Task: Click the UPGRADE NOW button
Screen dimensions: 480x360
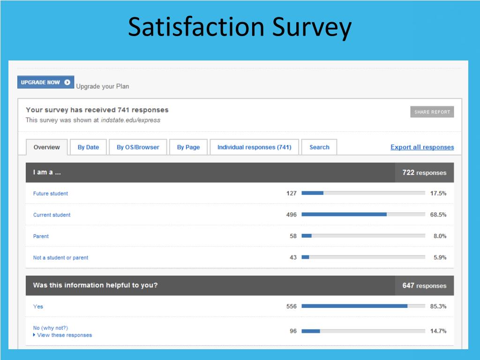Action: click(45, 82)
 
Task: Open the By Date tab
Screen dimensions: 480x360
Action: click(88, 147)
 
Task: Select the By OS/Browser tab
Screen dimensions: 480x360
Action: click(138, 147)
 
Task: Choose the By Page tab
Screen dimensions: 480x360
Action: click(188, 147)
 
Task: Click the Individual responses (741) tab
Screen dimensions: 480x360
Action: click(254, 147)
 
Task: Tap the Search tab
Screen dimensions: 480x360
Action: click(319, 147)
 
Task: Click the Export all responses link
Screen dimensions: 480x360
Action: click(422, 147)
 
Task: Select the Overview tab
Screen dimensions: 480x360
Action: click(46, 147)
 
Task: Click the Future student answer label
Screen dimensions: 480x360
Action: click(51, 194)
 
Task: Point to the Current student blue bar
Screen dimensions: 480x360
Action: click(344, 215)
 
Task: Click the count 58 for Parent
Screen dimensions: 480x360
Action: click(293, 236)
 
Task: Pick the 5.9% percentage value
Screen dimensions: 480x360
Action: click(440, 257)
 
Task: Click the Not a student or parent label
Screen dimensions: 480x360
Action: click(60, 258)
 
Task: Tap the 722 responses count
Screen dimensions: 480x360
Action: click(424, 172)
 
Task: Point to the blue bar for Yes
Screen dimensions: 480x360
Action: click(354, 306)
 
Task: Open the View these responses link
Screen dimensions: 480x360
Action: click(64, 335)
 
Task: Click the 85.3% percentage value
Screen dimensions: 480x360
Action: click(438, 307)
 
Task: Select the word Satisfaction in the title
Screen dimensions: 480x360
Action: click(196, 27)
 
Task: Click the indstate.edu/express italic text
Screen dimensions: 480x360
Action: click(130, 120)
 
